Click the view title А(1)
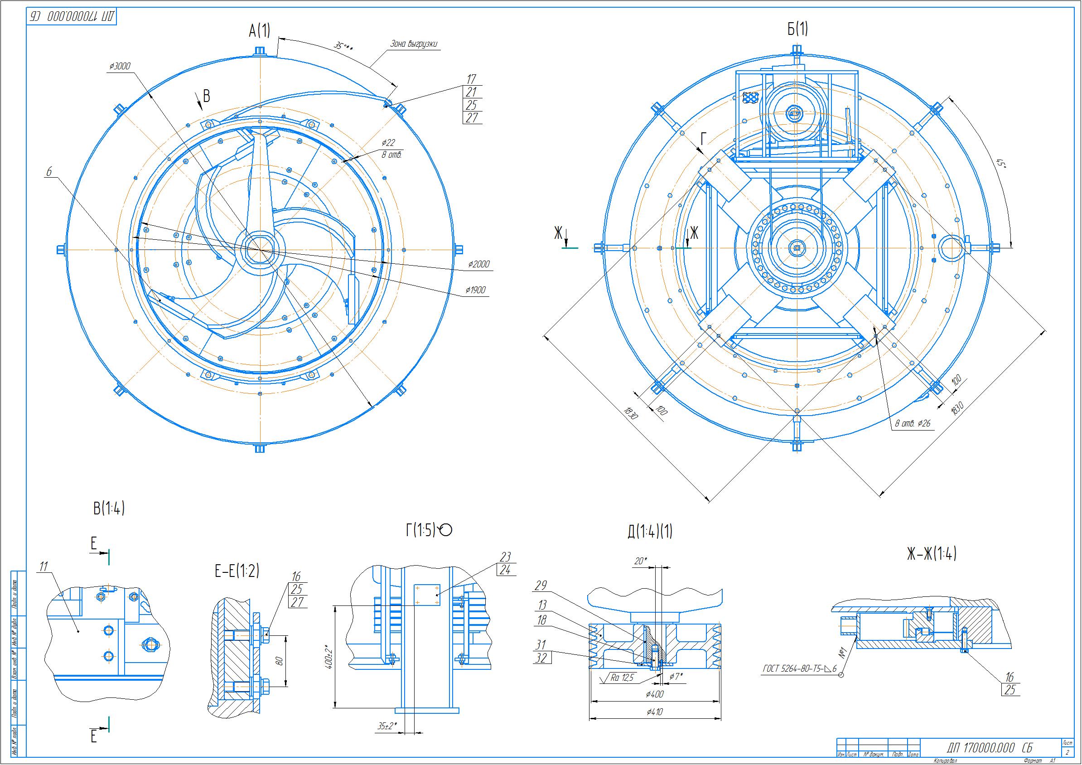pyautogui.click(x=259, y=31)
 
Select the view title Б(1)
pyautogui.click(x=797, y=29)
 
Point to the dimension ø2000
pyautogui.click(x=479, y=264)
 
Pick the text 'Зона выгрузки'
pyautogui.click(x=413, y=44)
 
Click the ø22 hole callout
pyautogui.click(x=388, y=142)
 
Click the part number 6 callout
pyautogui.click(x=48, y=172)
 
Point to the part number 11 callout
pyautogui.click(x=44, y=566)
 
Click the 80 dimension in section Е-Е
pyautogui.click(x=279, y=661)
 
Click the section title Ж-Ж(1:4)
pyautogui.click(x=932, y=554)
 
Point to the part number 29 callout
pyautogui.click(x=541, y=586)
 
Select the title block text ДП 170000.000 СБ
pyautogui.click(x=989, y=748)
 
